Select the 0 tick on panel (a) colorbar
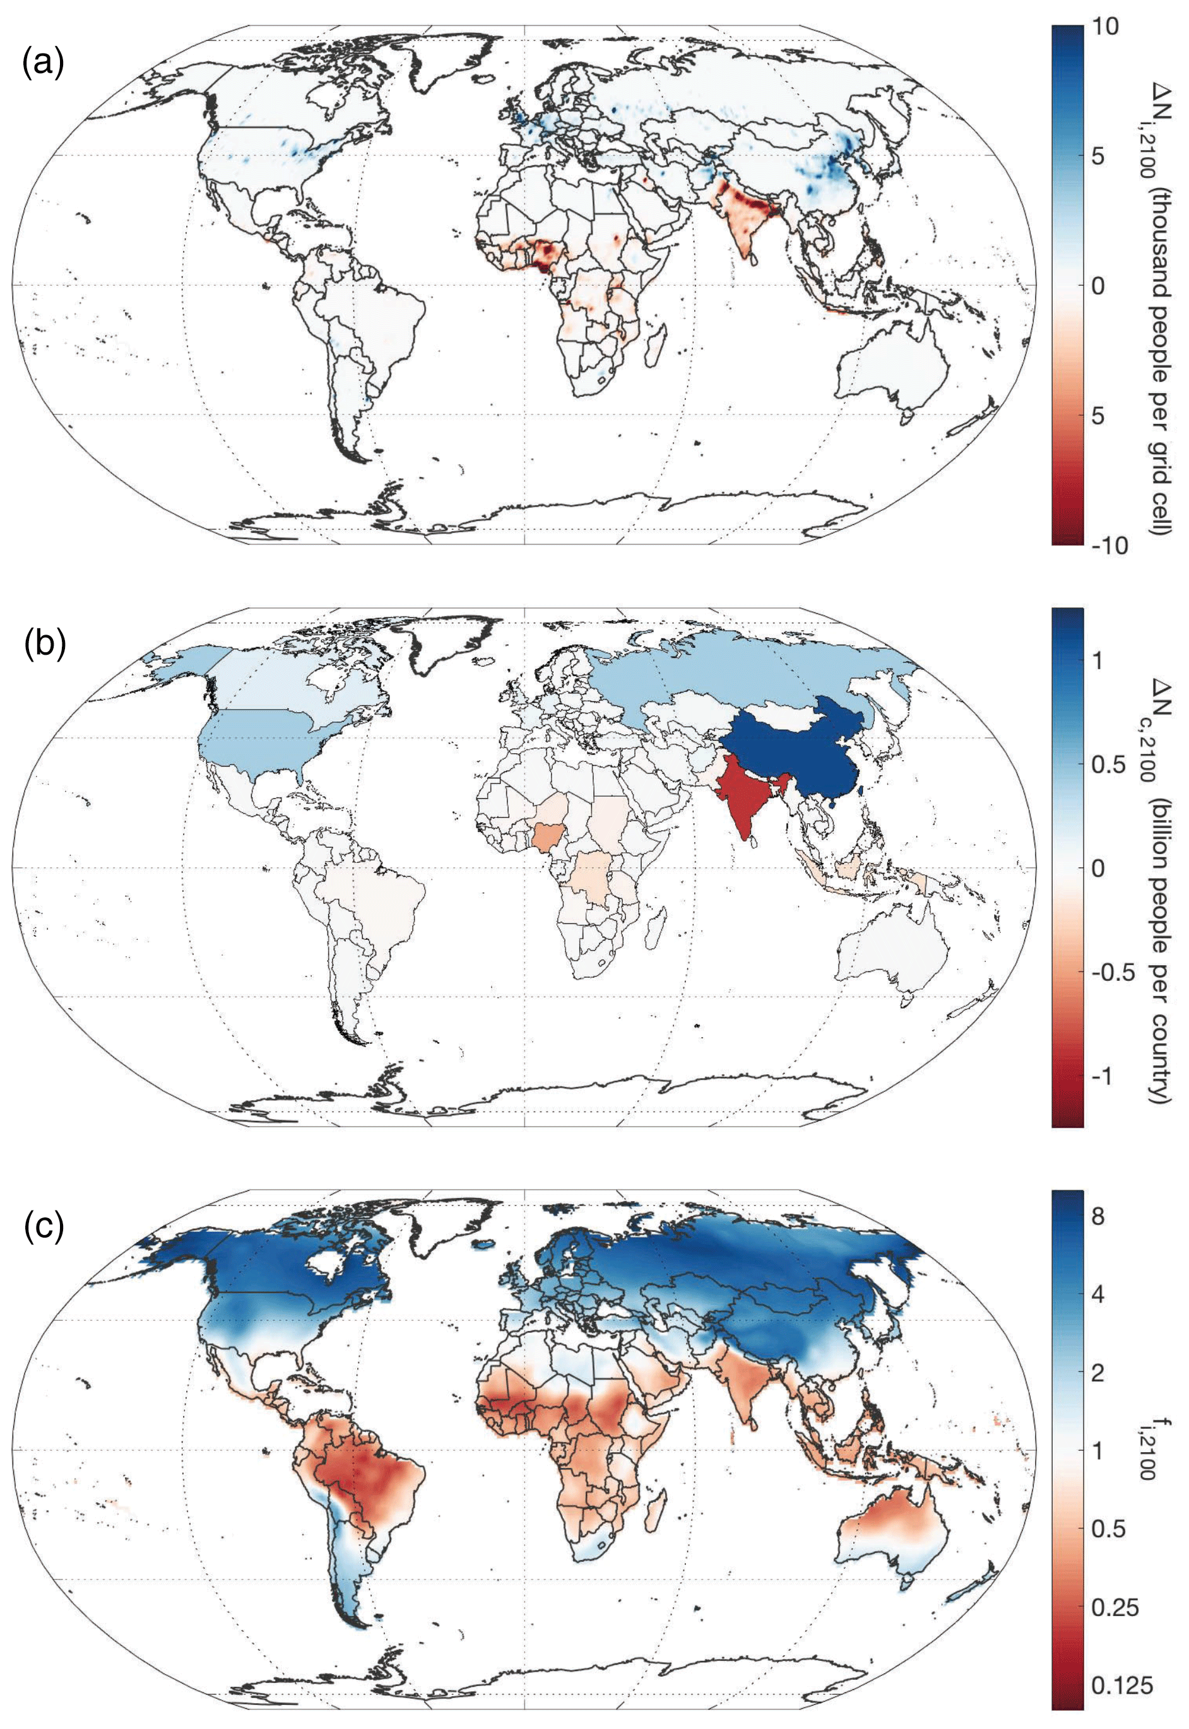click(1099, 286)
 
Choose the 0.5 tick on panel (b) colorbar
click(1109, 765)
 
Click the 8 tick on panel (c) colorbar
click(1098, 1217)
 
